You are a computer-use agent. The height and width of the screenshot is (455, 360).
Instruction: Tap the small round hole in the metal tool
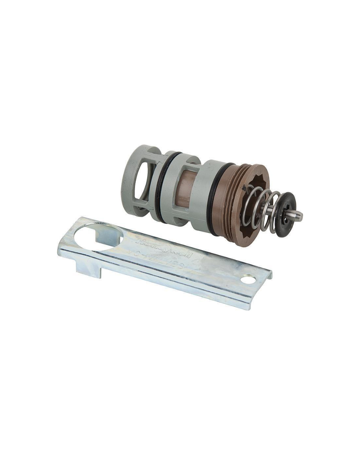247,280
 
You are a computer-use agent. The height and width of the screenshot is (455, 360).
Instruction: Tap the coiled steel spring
261,207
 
